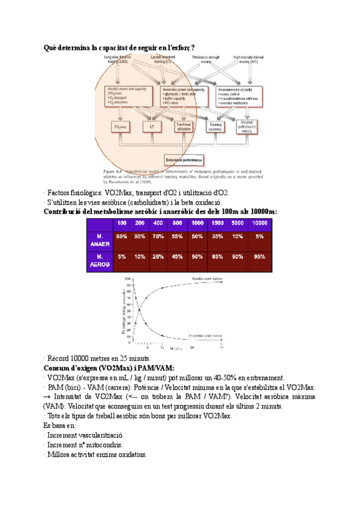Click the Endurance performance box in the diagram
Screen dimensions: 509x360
(x=182, y=161)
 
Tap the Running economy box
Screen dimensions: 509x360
(x=216, y=127)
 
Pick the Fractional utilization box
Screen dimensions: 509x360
(x=183, y=127)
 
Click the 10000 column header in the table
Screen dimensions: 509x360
(x=259, y=223)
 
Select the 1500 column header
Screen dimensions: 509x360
(x=218, y=223)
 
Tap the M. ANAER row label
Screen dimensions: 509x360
(x=100, y=241)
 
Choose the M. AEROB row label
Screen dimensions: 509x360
(x=100, y=261)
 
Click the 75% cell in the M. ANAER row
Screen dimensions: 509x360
(x=158, y=236)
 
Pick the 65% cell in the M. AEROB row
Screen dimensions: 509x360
(x=218, y=257)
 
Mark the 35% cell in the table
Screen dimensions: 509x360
(x=218, y=236)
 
